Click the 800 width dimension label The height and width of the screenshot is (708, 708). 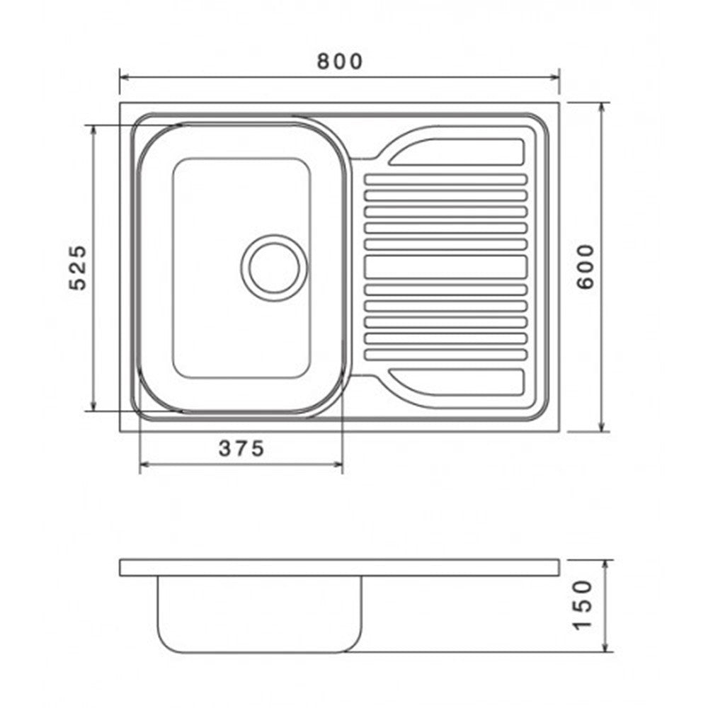pyautogui.click(x=340, y=62)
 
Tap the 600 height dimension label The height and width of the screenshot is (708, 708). pyautogui.click(x=586, y=266)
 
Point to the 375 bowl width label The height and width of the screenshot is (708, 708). pyautogui.click(x=241, y=448)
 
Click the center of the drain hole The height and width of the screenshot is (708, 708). pyautogui.click(x=274, y=268)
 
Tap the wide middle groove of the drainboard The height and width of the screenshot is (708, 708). pyautogui.click(x=445, y=267)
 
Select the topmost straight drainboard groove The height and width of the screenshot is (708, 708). pyautogui.click(x=445, y=179)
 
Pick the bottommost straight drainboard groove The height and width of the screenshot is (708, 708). pyautogui.click(x=445, y=355)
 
